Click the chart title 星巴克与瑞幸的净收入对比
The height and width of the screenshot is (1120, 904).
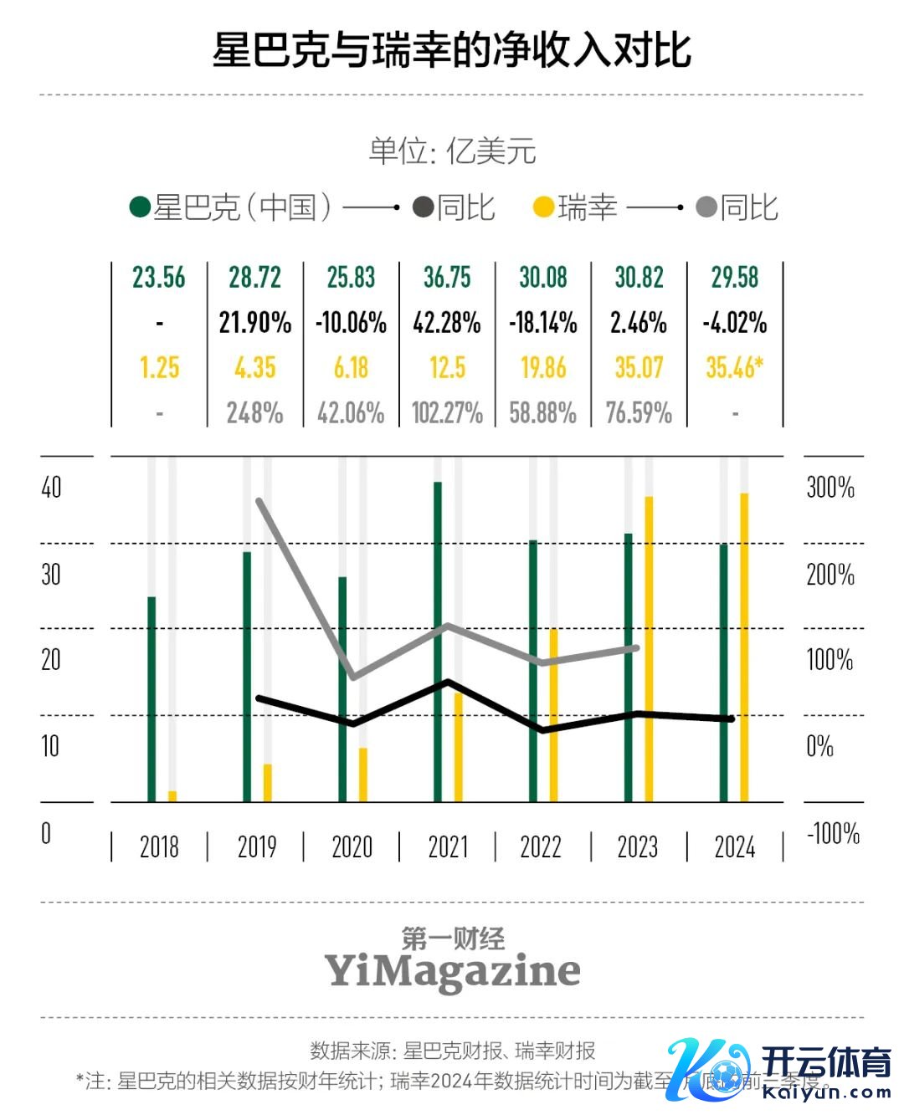[x=452, y=50]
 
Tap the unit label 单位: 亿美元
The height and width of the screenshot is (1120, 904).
[x=452, y=151]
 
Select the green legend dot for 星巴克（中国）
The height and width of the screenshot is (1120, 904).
[x=140, y=207]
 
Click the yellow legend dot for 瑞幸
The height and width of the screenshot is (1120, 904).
[x=544, y=207]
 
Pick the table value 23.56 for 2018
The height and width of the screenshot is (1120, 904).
[x=159, y=278]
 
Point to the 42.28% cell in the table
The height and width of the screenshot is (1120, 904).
[x=447, y=323]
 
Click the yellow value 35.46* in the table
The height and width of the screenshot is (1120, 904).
[x=734, y=368]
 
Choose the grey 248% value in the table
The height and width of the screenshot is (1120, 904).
[x=255, y=413]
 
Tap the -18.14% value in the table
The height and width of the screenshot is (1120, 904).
[x=543, y=323]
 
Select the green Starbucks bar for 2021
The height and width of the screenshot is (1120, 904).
[x=438, y=642]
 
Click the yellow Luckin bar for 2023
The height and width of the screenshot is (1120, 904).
[x=649, y=649]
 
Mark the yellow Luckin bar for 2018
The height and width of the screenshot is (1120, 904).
[x=172, y=796]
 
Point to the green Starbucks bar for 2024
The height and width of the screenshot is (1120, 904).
[x=724, y=673]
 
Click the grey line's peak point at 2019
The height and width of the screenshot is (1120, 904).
[x=259, y=501]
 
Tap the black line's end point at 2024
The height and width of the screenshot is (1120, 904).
[x=731, y=719]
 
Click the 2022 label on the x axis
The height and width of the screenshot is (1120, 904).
[x=541, y=846]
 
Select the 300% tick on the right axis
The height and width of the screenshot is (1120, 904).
[x=830, y=487]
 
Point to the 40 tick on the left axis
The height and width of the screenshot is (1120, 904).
[x=51, y=487]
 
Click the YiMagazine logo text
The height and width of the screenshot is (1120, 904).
[x=452, y=970]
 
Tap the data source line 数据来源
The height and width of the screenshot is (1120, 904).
[x=452, y=1051]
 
